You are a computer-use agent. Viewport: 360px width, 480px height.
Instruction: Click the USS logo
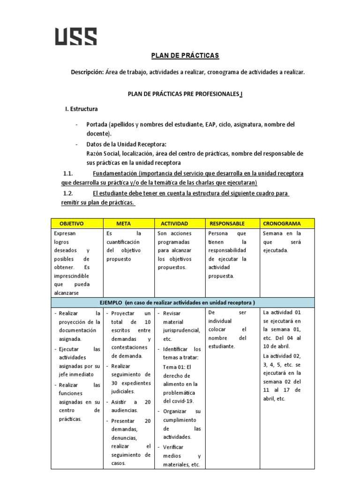pos(76,37)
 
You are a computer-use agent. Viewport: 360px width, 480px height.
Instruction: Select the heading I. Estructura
pos(81,109)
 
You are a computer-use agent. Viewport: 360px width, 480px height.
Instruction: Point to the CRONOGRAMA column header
pos(282,224)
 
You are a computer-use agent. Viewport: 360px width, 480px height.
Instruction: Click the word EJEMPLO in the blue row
pos(110,302)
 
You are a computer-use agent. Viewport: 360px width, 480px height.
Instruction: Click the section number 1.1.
pos(68,173)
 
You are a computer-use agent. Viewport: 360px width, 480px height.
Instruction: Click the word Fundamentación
pos(114,173)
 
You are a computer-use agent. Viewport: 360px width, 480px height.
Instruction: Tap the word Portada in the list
pos(97,125)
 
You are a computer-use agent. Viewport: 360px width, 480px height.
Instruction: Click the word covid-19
pos(178,401)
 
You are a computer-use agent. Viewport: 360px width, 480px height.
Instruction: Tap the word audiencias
pos(124,410)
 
